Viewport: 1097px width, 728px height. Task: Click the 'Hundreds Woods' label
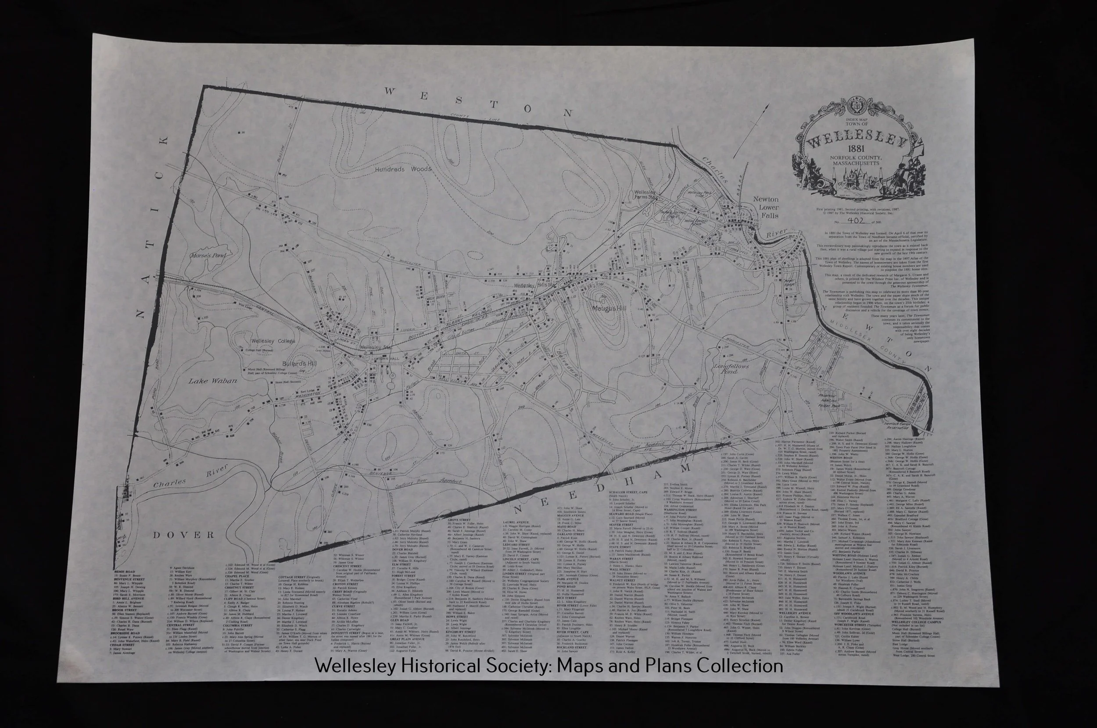403,169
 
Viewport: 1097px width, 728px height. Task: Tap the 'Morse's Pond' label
207,256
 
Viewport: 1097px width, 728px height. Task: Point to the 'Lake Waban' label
212,381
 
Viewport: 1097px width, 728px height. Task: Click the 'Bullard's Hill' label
299,364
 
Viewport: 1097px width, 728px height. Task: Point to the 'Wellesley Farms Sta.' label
645,195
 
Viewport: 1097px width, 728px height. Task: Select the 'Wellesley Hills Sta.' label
535,285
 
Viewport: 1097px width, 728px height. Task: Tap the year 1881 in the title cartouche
858,150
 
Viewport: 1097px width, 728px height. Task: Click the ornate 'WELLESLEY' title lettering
857,139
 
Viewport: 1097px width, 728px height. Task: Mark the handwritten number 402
856,221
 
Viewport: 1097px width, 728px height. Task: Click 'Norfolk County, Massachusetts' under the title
858,161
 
